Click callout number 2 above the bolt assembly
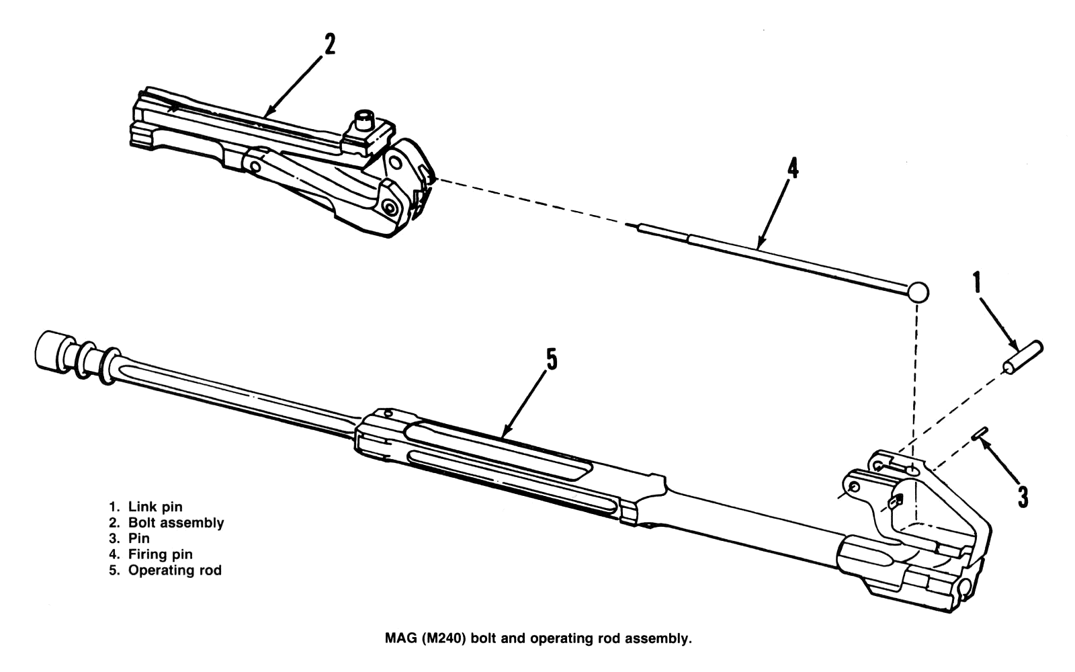pos(329,44)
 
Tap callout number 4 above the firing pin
pos(793,168)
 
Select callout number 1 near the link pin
pos(978,284)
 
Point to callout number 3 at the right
pos(1023,497)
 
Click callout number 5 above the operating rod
pos(551,360)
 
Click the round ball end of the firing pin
pos(918,292)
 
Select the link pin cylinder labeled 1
pos(1023,357)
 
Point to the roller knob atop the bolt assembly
pos(363,122)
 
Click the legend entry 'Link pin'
pos(155,507)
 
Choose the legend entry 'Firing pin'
pos(160,554)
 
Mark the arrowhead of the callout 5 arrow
pos(506,433)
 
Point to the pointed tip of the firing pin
pos(629,224)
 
